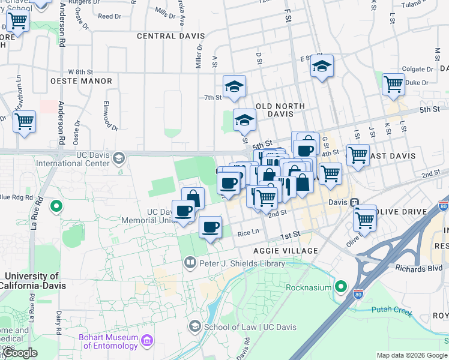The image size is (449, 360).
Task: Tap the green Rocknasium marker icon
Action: click(342, 287)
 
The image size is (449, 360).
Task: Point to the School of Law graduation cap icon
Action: click(195, 326)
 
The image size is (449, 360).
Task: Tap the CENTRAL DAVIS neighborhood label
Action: click(171, 36)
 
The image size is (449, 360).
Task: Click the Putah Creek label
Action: click(392, 310)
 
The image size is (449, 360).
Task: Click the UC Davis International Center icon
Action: click(119, 158)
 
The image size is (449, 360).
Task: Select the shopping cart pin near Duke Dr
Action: click(393, 84)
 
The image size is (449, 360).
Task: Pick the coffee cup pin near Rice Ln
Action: click(210, 227)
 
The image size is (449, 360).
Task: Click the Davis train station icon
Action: click(355, 202)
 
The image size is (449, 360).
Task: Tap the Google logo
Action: click(19, 352)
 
